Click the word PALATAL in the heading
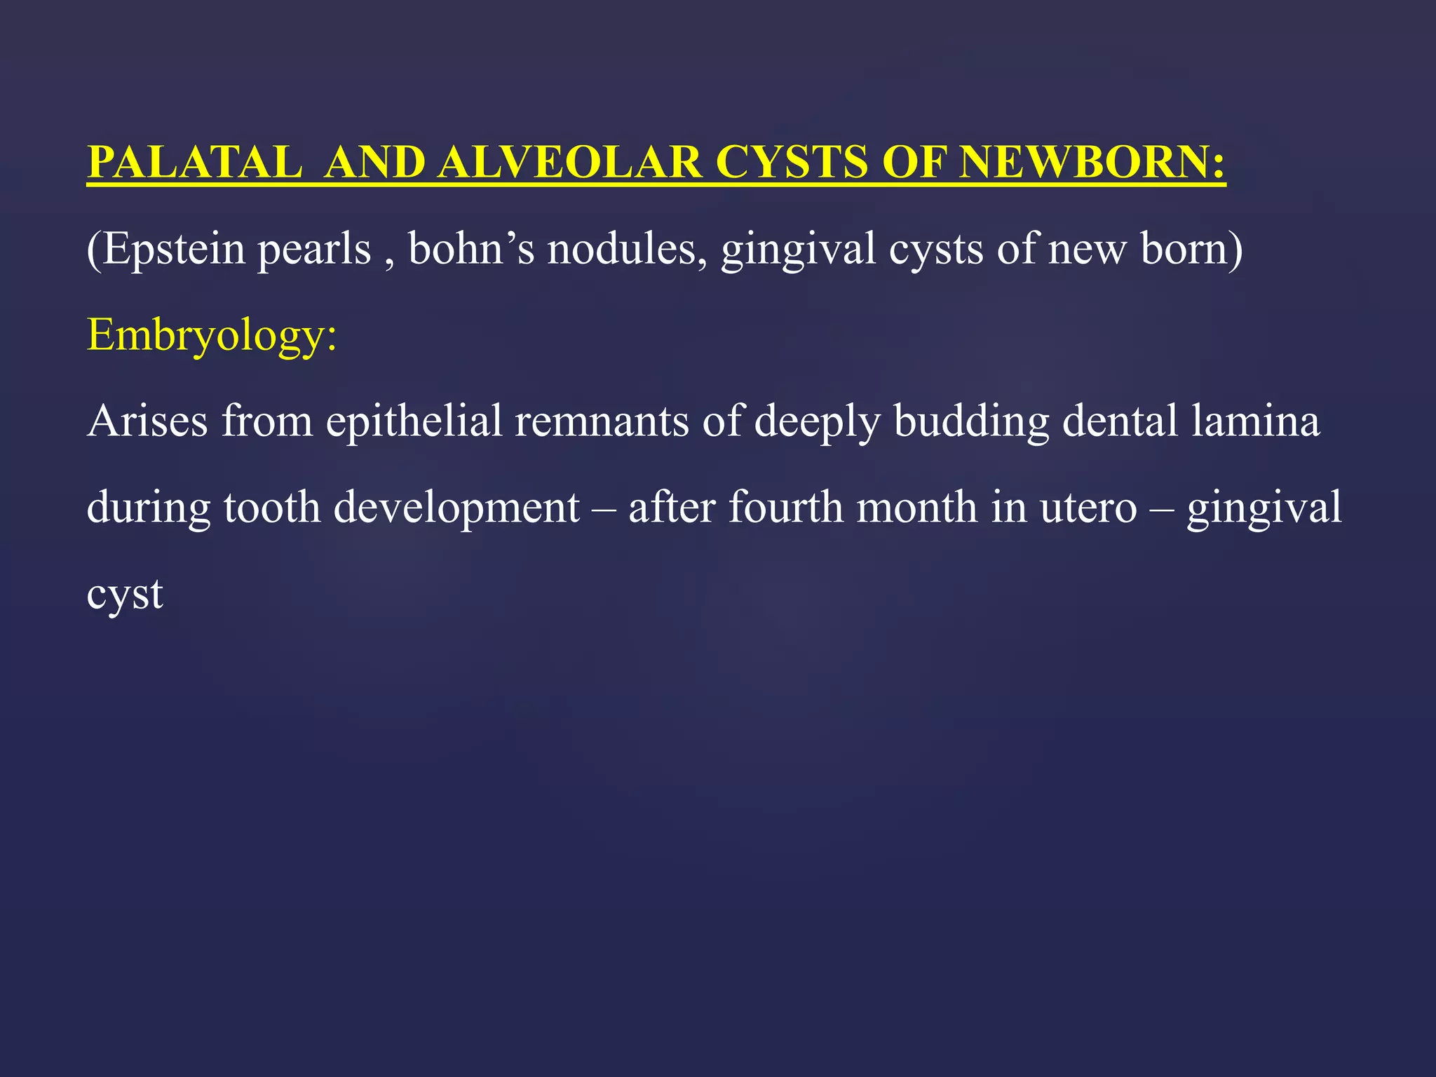[x=194, y=163]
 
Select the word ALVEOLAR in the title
[x=569, y=163]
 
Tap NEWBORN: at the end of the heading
[x=1092, y=163]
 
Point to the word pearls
[x=313, y=250]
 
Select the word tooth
[x=272, y=508]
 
